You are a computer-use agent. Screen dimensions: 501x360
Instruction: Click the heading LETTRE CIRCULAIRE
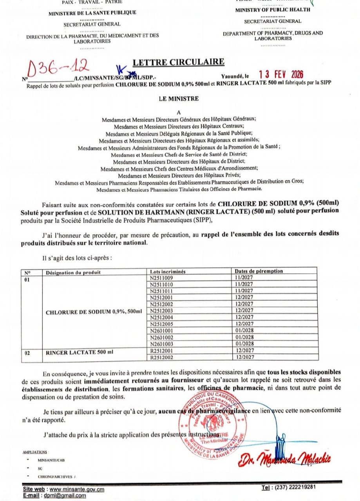click(x=179, y=62)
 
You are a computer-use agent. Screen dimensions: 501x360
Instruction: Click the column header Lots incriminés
click(x=168, y=271)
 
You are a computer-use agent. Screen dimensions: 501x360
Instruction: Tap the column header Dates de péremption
click(x=259, y=271)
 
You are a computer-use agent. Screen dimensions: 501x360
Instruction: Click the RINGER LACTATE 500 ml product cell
click(x=80, y=352)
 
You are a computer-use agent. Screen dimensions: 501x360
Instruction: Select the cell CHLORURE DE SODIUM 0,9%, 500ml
click(x=94, y=312)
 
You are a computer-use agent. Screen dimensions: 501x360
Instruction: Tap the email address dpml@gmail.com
click(x=67, y=496)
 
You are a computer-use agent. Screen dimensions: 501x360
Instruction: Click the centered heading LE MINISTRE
click(x=179, y=99)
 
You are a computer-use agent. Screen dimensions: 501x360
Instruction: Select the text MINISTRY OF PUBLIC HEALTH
click(x=273, y=10)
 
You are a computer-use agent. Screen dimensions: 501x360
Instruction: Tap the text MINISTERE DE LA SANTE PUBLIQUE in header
click(x=92, y=13)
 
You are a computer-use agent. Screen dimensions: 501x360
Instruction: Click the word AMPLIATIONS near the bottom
click(x=36, y=452)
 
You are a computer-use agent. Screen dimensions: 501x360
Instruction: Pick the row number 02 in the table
click(x=27, y=353)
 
